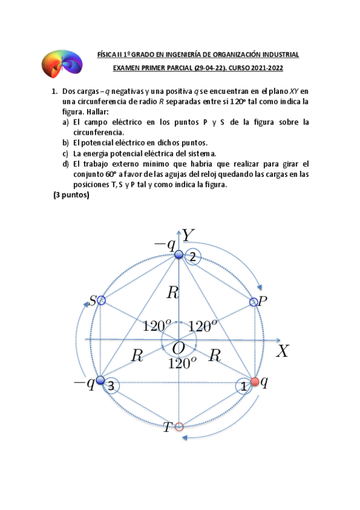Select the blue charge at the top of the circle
pyautogui.click(x=178, y=254)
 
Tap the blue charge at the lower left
pyautogui.click(x=100, y=380)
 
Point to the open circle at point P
pyautogui.click(x=254, y=301)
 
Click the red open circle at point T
pyautogui.click(x=178, y=427)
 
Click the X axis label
pyautogui.click(x=282, y=351)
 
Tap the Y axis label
pyautogui.click(x=189, y=235)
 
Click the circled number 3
pyautogui.click(x=111, y=386)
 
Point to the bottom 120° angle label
pyautogui.click(x=182, y=363)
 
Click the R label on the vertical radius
pyautogui.click(x=173, y=293)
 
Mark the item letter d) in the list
pyautogui.click(x=65, y=164)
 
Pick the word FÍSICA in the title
pyautogui.click(x=107, y=55)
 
